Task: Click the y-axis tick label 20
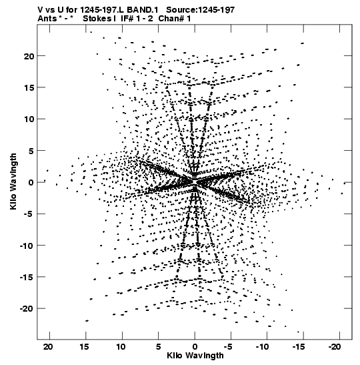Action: pos(29,56)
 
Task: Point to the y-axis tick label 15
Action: pos(29,88)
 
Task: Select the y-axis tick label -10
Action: pos(27,246)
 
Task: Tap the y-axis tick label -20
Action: pos(27,309)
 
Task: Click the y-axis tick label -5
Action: pos(29,214)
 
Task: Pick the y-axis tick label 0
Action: pos(31,183)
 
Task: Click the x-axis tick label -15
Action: pos(299,347)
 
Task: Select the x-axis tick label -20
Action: pos(335,347)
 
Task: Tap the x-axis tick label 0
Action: pos(195,347)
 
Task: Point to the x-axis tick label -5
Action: pos(229,347)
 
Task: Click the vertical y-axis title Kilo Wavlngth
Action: pos(13,181)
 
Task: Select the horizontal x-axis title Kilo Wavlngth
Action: pos(195,356)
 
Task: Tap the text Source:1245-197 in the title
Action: pos(201,10)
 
